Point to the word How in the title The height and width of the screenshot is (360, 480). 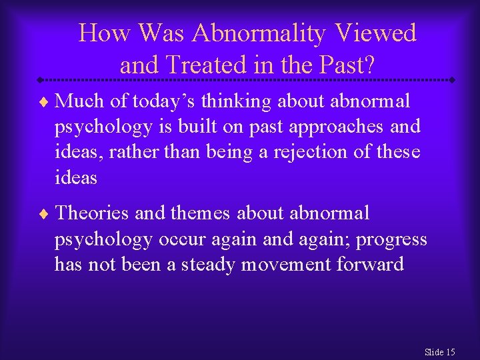coord(104,33)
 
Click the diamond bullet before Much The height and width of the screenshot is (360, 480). coord(45,102)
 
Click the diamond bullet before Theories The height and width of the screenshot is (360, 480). coord(45,214)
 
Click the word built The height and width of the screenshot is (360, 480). coord(197,127)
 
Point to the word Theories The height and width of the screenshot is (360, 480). coord(92,213)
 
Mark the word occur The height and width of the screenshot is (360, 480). coord(177,239)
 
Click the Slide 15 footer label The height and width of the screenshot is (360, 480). coord(439,352)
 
